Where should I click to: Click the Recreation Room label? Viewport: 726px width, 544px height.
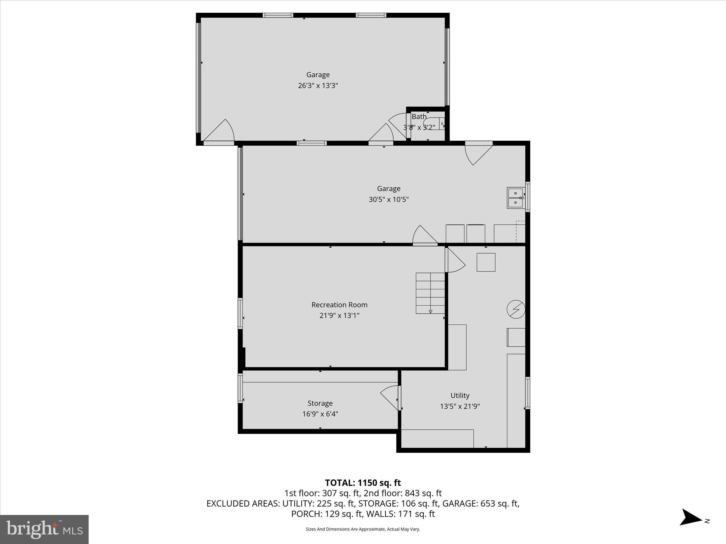click(339, 305)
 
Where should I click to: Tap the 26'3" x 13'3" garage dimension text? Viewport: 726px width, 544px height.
click(318, 85)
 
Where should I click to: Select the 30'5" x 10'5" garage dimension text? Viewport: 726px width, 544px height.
click(389, 199)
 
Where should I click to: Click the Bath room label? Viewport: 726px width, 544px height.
click(419, 117)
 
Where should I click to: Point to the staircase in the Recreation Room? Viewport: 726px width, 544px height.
click(430, 293)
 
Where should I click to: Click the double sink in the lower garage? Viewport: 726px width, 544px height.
click(515, 198)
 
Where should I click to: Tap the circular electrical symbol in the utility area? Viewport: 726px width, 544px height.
click(515, 309)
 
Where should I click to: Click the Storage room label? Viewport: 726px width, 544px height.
click(320, 403)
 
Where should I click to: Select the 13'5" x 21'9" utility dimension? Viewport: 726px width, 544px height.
click(460, 406)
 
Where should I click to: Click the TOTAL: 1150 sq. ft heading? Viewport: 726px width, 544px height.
click(363, 483)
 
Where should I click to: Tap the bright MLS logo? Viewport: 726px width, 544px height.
click(44, 529)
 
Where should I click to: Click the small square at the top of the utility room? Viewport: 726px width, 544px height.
click(486, 262)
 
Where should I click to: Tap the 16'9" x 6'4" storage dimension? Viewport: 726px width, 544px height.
click(320, 414)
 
